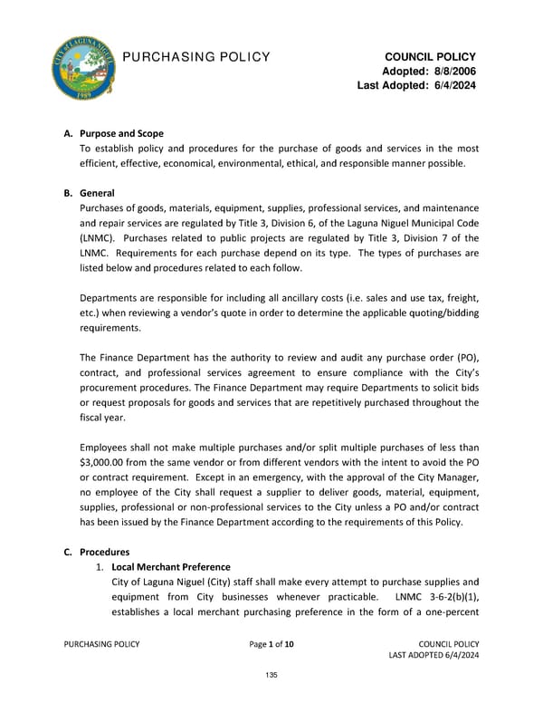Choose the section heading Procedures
tap(104, 551)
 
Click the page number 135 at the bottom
tap(271, 676)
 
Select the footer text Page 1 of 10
tap(271, 644)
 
